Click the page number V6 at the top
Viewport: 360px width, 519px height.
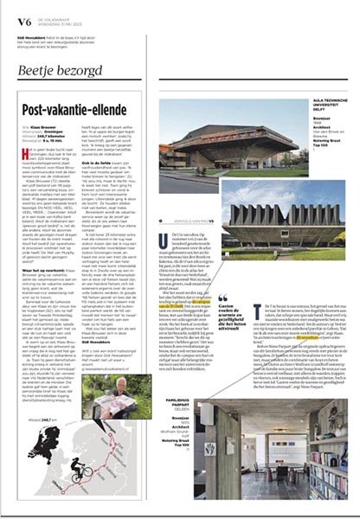(x=12, y=10)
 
